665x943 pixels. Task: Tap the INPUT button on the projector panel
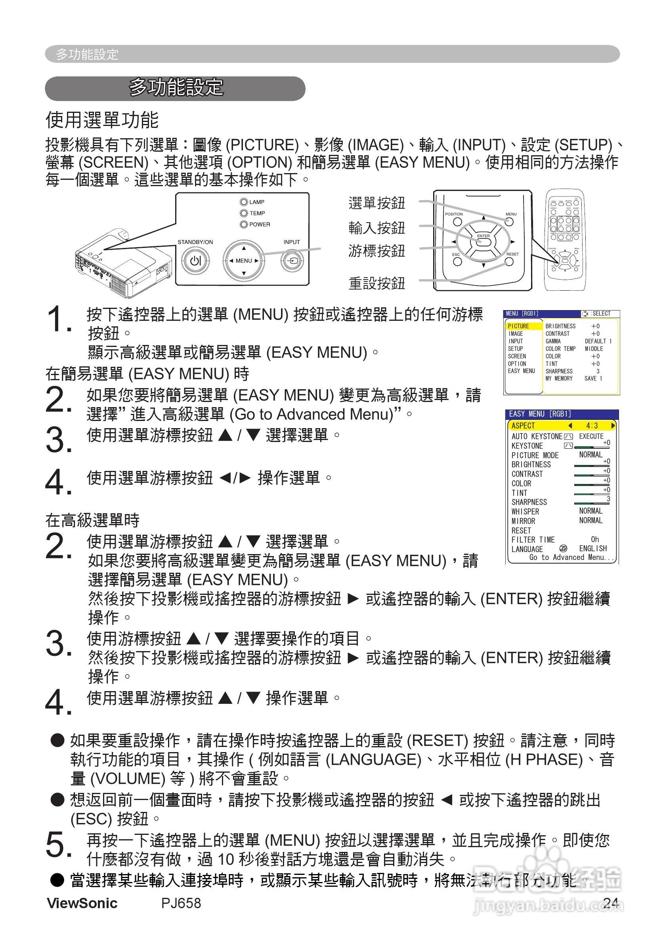(x=292, y=260)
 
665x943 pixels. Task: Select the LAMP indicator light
(x=244, y=202)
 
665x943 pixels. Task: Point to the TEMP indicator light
(x=244, y=213)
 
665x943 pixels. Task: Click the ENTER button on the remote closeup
(x=483, y=241)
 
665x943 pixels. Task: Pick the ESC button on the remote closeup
(x=457, y=262)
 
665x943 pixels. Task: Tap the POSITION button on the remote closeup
(x=457, y=222)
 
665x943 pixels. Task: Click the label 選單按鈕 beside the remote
(x=376, y=203)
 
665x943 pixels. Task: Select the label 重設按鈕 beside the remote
(x=376, y=283)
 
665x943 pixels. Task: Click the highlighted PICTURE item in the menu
(x=519, y=326)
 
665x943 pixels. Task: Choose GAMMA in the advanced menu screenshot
(x=553, y=341)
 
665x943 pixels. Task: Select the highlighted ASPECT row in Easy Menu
(x=562, y=425)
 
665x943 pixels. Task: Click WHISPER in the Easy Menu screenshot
(x=525, y=511)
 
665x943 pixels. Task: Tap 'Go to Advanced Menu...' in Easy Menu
(x=571, y=557)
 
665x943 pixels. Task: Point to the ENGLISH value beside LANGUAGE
(x=592, y=548)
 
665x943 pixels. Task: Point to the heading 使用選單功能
(x=102, y=120)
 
